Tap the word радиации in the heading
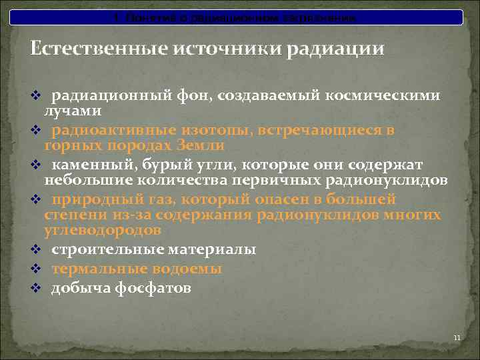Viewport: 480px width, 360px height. pos(335,49)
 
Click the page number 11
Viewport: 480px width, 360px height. pos(457,338)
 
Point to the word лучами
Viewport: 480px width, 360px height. pos(73,111)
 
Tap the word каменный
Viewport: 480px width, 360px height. pos(87,165)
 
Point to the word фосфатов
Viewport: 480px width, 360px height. pos(160,288)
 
